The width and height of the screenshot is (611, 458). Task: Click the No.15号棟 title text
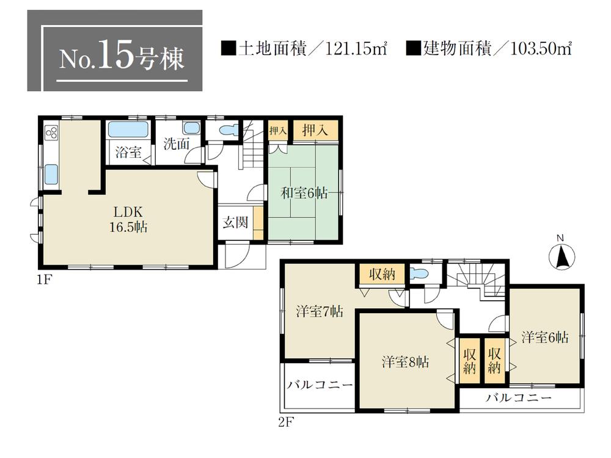(x=121, y=57)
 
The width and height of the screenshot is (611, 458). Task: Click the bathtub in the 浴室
(x=128, y=130)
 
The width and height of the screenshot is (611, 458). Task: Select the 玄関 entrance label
(x=234, y=222)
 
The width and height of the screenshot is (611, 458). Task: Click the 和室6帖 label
(x=304, y=194)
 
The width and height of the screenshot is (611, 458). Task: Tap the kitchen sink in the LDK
(x=50, y=175)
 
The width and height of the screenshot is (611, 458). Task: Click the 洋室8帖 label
(x=406, y=362)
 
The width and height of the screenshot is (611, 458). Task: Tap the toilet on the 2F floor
(x=420, y=273)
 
